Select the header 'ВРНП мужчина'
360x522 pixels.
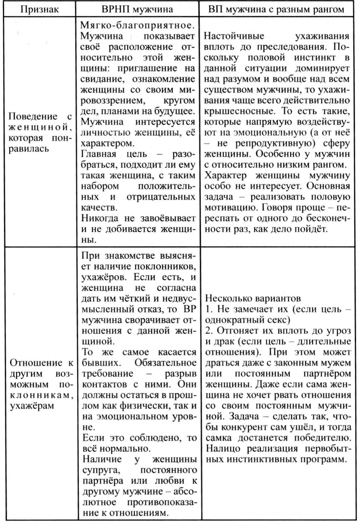[x=137, y=10]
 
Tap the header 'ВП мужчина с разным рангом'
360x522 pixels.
[x=276, y=10]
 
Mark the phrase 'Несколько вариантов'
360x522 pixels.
[x=253, y=299]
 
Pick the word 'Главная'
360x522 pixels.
[x=98, y=154]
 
